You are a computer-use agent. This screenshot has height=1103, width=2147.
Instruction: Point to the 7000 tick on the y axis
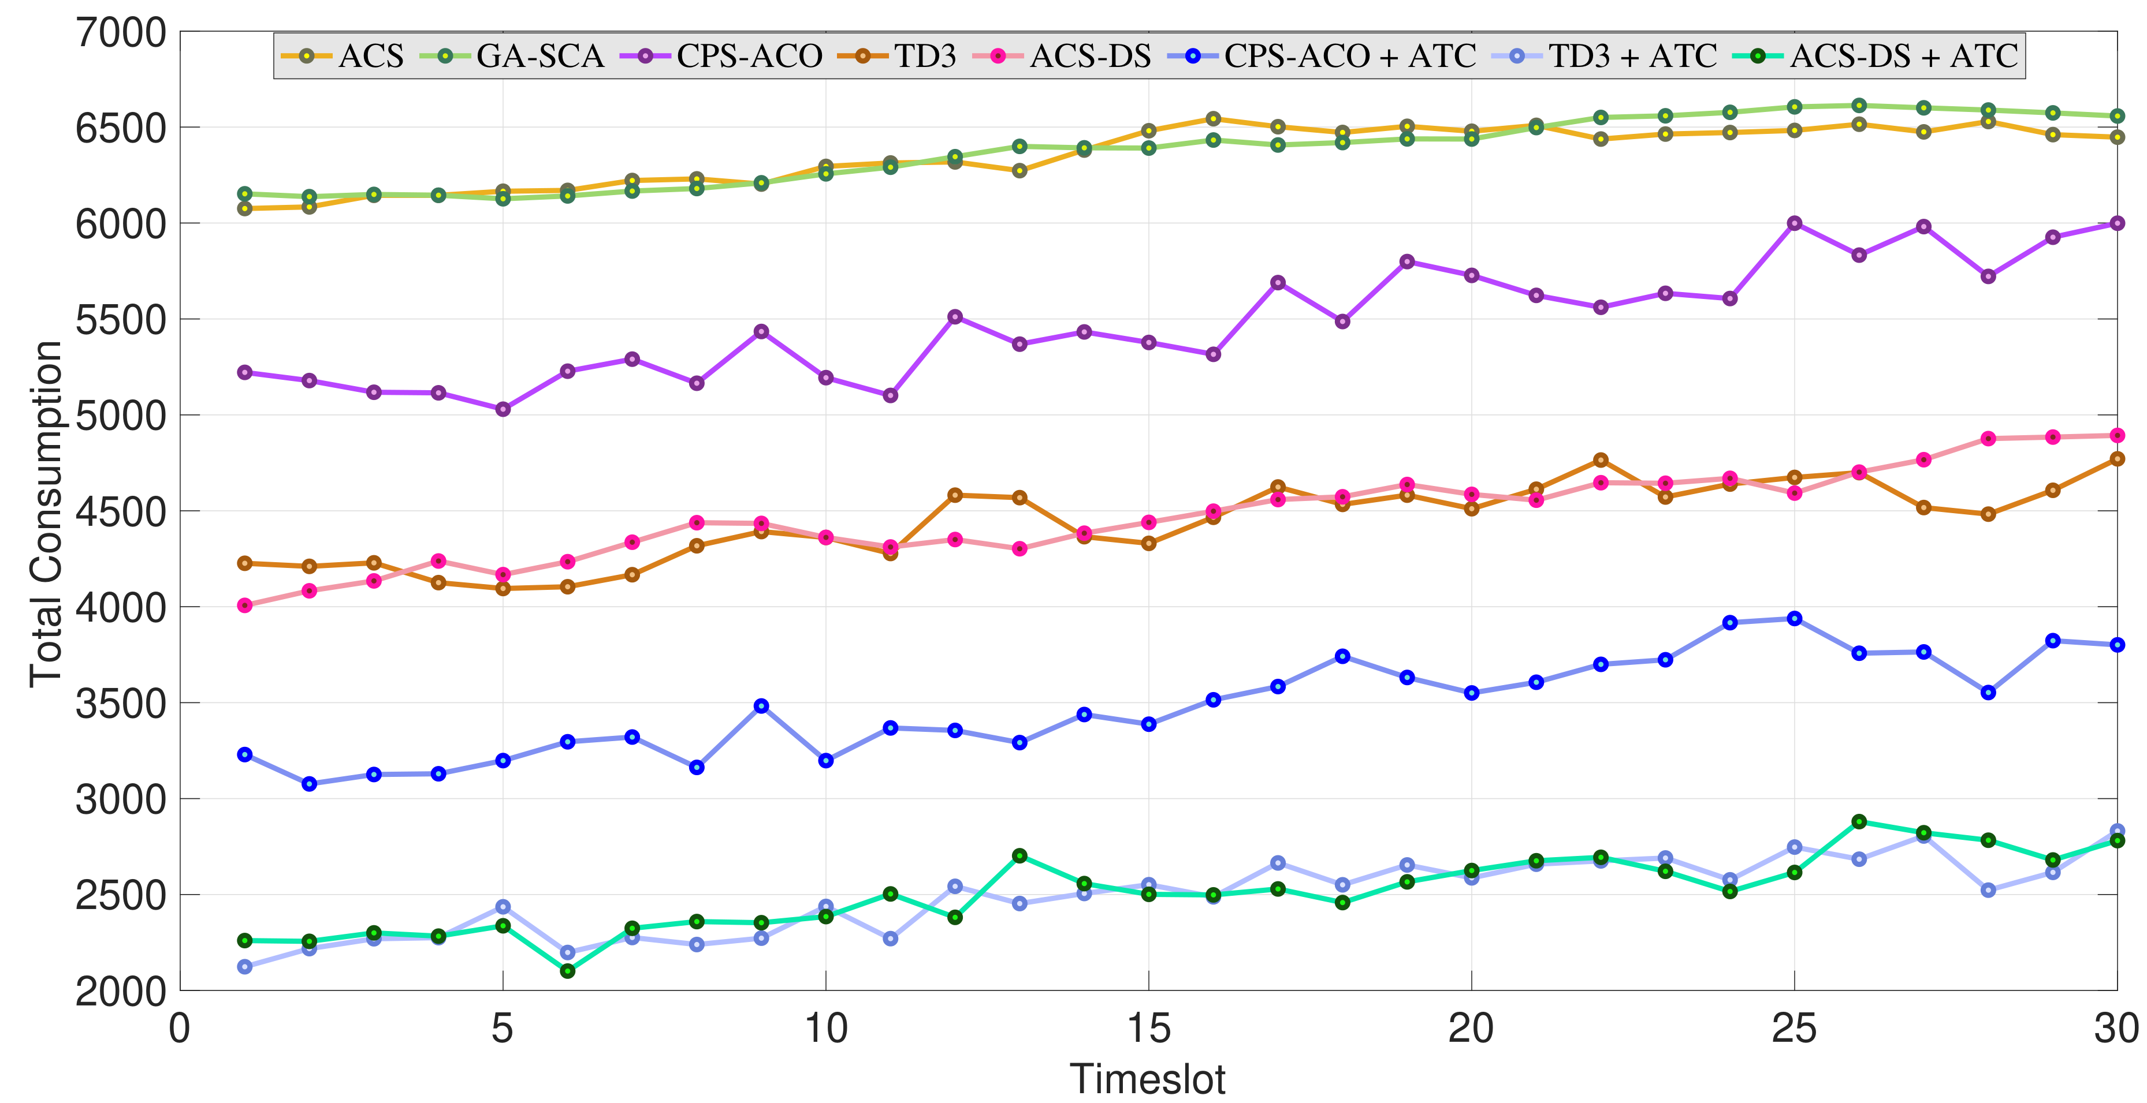pyautogui.click(x=121, y=33)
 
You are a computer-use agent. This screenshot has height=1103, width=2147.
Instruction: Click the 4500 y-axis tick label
pyautogui.click(x=121, y=511)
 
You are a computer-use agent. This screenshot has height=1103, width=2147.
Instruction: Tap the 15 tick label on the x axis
pyautogui.click(x=1148, y=1030)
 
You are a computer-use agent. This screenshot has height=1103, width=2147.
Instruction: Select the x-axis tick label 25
pyautogui.click(x=1793, y=1030)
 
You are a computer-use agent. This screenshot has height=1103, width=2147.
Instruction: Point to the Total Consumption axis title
pyautogui.click(x=46, y=513)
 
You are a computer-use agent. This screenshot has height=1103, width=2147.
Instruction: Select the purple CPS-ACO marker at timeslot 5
pyautogui.click(x=503, y=409)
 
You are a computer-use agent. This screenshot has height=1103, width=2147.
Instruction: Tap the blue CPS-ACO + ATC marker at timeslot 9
pyautogui.click(x=761, y=706)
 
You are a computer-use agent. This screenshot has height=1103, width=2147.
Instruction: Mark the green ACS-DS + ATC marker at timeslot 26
pyautogui.click(x=1859, y=821)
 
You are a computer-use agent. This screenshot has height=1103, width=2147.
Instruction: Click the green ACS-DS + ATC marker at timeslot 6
pyautogui.click(x=568, y=971)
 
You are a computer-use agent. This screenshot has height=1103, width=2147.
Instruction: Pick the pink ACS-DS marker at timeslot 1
pyautogui.click(x=245, y=605)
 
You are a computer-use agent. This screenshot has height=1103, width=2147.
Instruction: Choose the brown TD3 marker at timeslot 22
pyautogui.click(x=1600, y=460)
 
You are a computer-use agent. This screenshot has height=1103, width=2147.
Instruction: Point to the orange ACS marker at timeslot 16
pyautogui.click(x=1214, y=119)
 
